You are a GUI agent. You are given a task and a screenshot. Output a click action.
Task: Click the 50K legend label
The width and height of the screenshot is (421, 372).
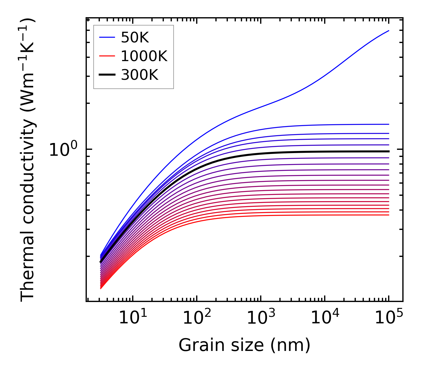tap(135, 38)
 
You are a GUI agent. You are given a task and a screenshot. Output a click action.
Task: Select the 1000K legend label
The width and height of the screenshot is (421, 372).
tap(144, 56)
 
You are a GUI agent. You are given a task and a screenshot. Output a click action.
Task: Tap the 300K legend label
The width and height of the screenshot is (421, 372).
tap(140, 75)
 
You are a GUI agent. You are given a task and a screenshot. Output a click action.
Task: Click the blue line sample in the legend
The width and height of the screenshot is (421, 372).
tap(107, 37)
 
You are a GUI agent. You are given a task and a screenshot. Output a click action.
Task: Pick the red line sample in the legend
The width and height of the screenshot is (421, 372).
tap(107, 56)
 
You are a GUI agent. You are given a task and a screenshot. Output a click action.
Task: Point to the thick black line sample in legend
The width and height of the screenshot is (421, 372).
tap(107, 75)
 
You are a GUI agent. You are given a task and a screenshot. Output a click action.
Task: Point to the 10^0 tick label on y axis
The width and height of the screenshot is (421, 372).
tap(63, 150)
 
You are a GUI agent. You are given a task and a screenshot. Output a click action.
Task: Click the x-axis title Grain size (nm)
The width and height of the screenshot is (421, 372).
tap(244, 345)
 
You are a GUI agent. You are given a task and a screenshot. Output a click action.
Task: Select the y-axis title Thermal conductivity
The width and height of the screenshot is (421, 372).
tap(28, 160)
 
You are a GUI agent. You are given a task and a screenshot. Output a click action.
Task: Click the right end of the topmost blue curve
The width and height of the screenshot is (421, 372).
tap(388, 31)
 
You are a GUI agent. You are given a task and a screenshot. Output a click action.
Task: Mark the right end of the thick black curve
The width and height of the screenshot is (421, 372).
tap(388, 151)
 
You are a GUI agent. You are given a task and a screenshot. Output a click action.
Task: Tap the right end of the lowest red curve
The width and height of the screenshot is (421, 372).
tap(388, 215)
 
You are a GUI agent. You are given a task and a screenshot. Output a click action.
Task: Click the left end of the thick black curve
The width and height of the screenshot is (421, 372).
tap(101, 262)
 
